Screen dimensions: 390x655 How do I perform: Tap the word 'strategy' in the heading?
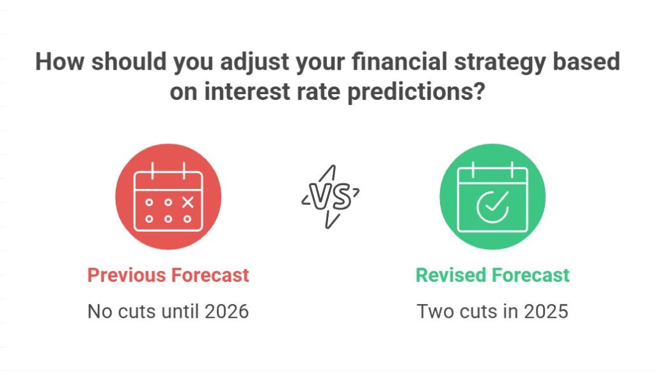tap(465, 62)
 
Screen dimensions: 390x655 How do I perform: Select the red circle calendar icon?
tap(168, 197)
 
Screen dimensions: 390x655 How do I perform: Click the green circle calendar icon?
tap(493, 197)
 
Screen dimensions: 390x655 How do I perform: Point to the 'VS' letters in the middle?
tap(330, 197)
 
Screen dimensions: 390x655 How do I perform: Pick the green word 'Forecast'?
tap(531, 275)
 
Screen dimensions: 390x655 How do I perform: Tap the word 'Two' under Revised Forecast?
tap(432, 311)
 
